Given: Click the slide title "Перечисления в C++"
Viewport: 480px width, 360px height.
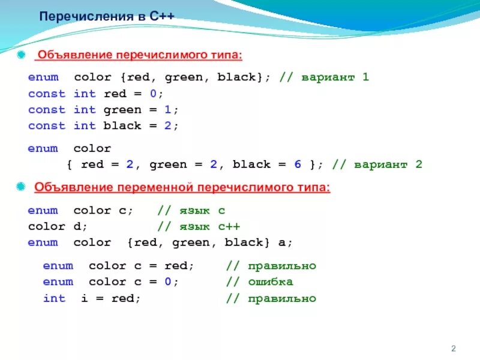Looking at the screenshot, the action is coord(107,16).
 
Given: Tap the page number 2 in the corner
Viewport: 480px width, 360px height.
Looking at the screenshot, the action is coord(454,349).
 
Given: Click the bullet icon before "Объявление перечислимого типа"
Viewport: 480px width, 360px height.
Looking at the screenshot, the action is coord(22,55).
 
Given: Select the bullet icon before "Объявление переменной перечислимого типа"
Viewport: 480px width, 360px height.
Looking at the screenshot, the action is coord(22,188).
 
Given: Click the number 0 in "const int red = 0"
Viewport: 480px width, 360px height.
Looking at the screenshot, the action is coord(152,94).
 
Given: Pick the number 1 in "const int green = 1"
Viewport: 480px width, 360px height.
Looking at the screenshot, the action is coord(167,110).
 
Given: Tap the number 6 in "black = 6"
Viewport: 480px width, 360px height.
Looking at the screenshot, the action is coord(296,164).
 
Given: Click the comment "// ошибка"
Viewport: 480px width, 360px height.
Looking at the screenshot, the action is coord(259,282).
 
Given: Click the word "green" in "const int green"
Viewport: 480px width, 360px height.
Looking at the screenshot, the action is coord(122,110).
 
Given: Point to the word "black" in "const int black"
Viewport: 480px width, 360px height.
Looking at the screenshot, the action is coord(122,126).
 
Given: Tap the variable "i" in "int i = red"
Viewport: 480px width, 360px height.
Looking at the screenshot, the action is coord(85,298).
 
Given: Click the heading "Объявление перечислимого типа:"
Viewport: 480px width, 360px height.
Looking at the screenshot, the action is coord(139,55).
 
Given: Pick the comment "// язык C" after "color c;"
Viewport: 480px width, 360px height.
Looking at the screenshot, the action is coord(191,211).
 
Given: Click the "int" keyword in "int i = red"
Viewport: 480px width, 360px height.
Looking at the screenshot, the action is coord(54,298).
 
